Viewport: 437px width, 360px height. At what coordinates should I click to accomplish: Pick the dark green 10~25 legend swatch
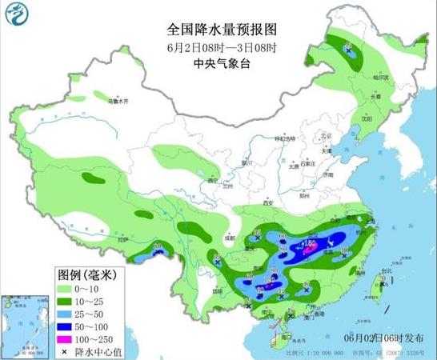coord(67,301)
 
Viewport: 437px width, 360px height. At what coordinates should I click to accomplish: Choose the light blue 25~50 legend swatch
coord(67,313)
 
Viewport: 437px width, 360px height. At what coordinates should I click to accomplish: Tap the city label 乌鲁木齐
coord(118,101)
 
